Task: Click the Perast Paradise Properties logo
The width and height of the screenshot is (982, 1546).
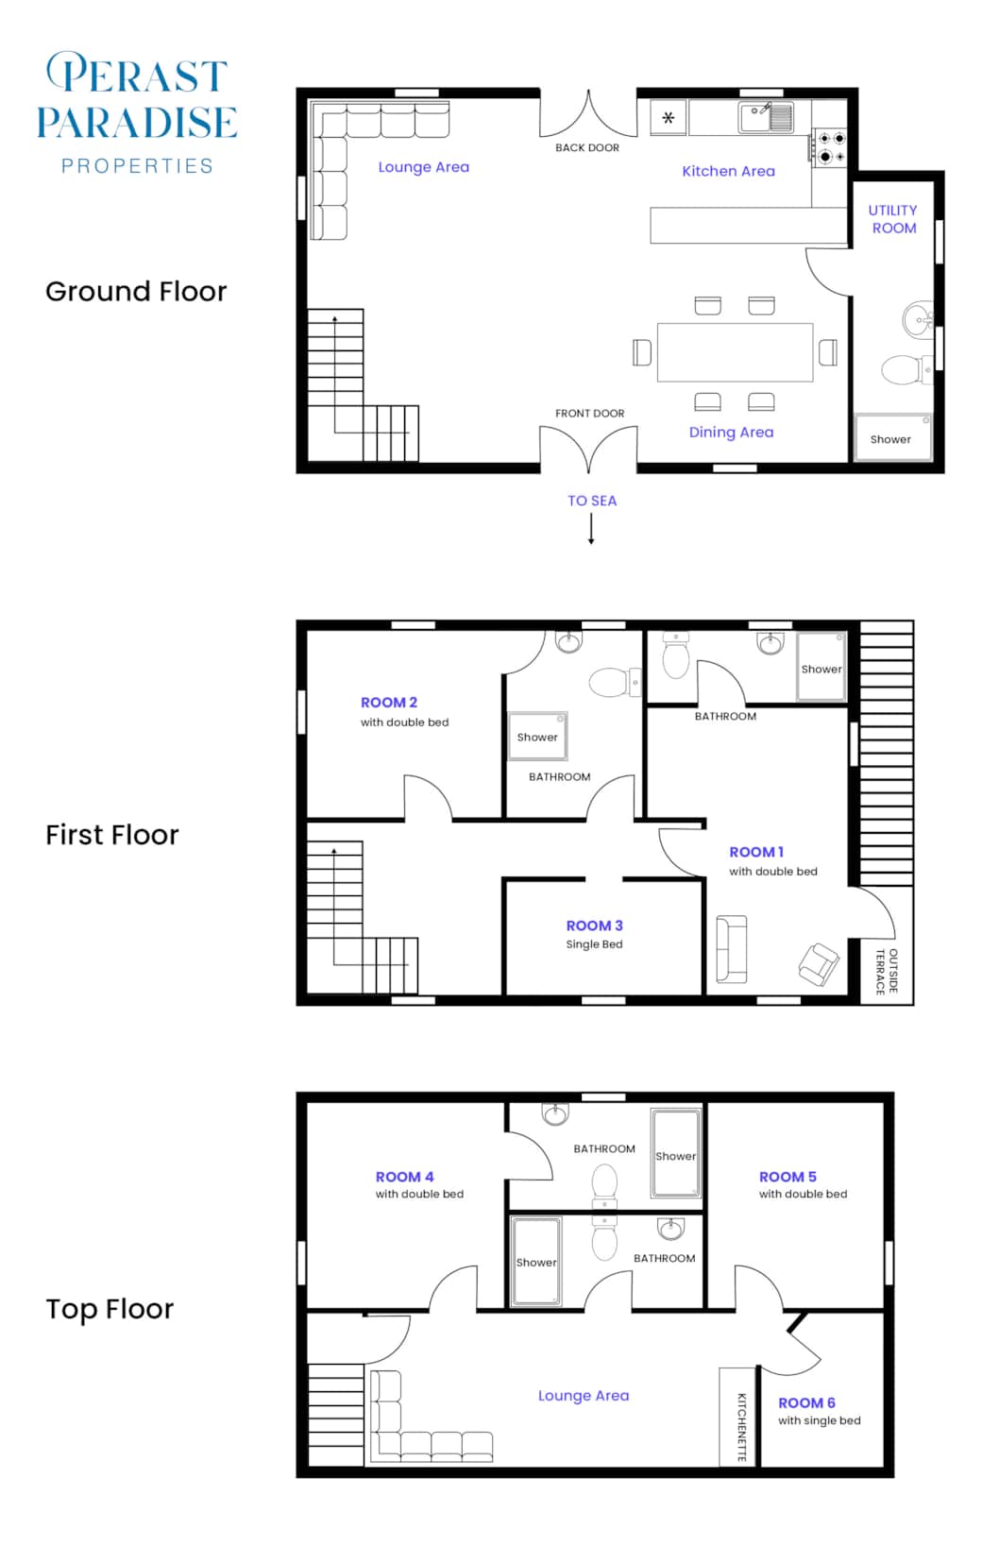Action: tap(137, 112)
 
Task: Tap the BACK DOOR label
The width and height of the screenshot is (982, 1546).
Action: tap(586, 147)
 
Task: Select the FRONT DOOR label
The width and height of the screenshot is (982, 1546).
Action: tap(589, 413)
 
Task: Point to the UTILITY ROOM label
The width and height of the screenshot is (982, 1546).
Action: tap(893, 219)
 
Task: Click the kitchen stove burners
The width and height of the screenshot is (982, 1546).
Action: tap(830, 147)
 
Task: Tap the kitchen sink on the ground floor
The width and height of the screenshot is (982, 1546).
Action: tap(766, 118)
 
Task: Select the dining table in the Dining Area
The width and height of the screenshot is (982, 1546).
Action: tap(735, 352)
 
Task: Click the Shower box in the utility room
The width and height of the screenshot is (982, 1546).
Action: tap(891, 437)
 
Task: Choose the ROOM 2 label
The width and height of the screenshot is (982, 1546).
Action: tap(389, 703)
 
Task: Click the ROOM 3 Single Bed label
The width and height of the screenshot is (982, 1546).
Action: tap(594, 934)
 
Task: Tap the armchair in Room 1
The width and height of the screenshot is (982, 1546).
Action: tap(818, 964)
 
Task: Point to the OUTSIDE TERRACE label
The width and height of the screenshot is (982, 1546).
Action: tap(887, 971)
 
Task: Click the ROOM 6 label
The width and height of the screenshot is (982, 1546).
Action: tap(806, 1402)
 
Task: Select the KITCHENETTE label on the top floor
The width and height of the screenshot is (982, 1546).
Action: tap(741, 1426)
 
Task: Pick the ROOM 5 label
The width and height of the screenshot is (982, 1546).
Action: tap(787, 1177)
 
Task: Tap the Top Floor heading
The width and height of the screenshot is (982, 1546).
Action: tap(110, 1309)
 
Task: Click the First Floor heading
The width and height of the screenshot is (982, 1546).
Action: tap(111, 835)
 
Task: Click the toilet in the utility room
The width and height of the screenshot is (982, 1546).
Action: tap(903, 369)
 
